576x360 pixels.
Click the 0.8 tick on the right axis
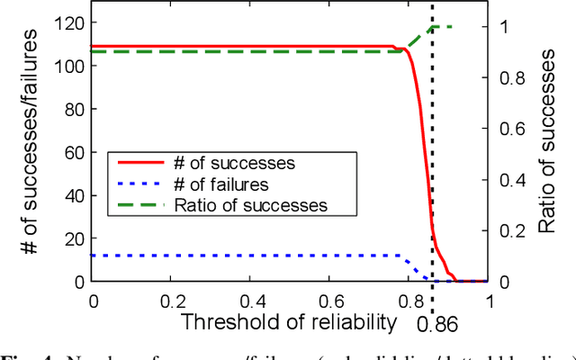[509, 78]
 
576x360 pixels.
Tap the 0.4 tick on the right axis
[509, 180]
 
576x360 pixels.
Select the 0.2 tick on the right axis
[509, 231]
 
